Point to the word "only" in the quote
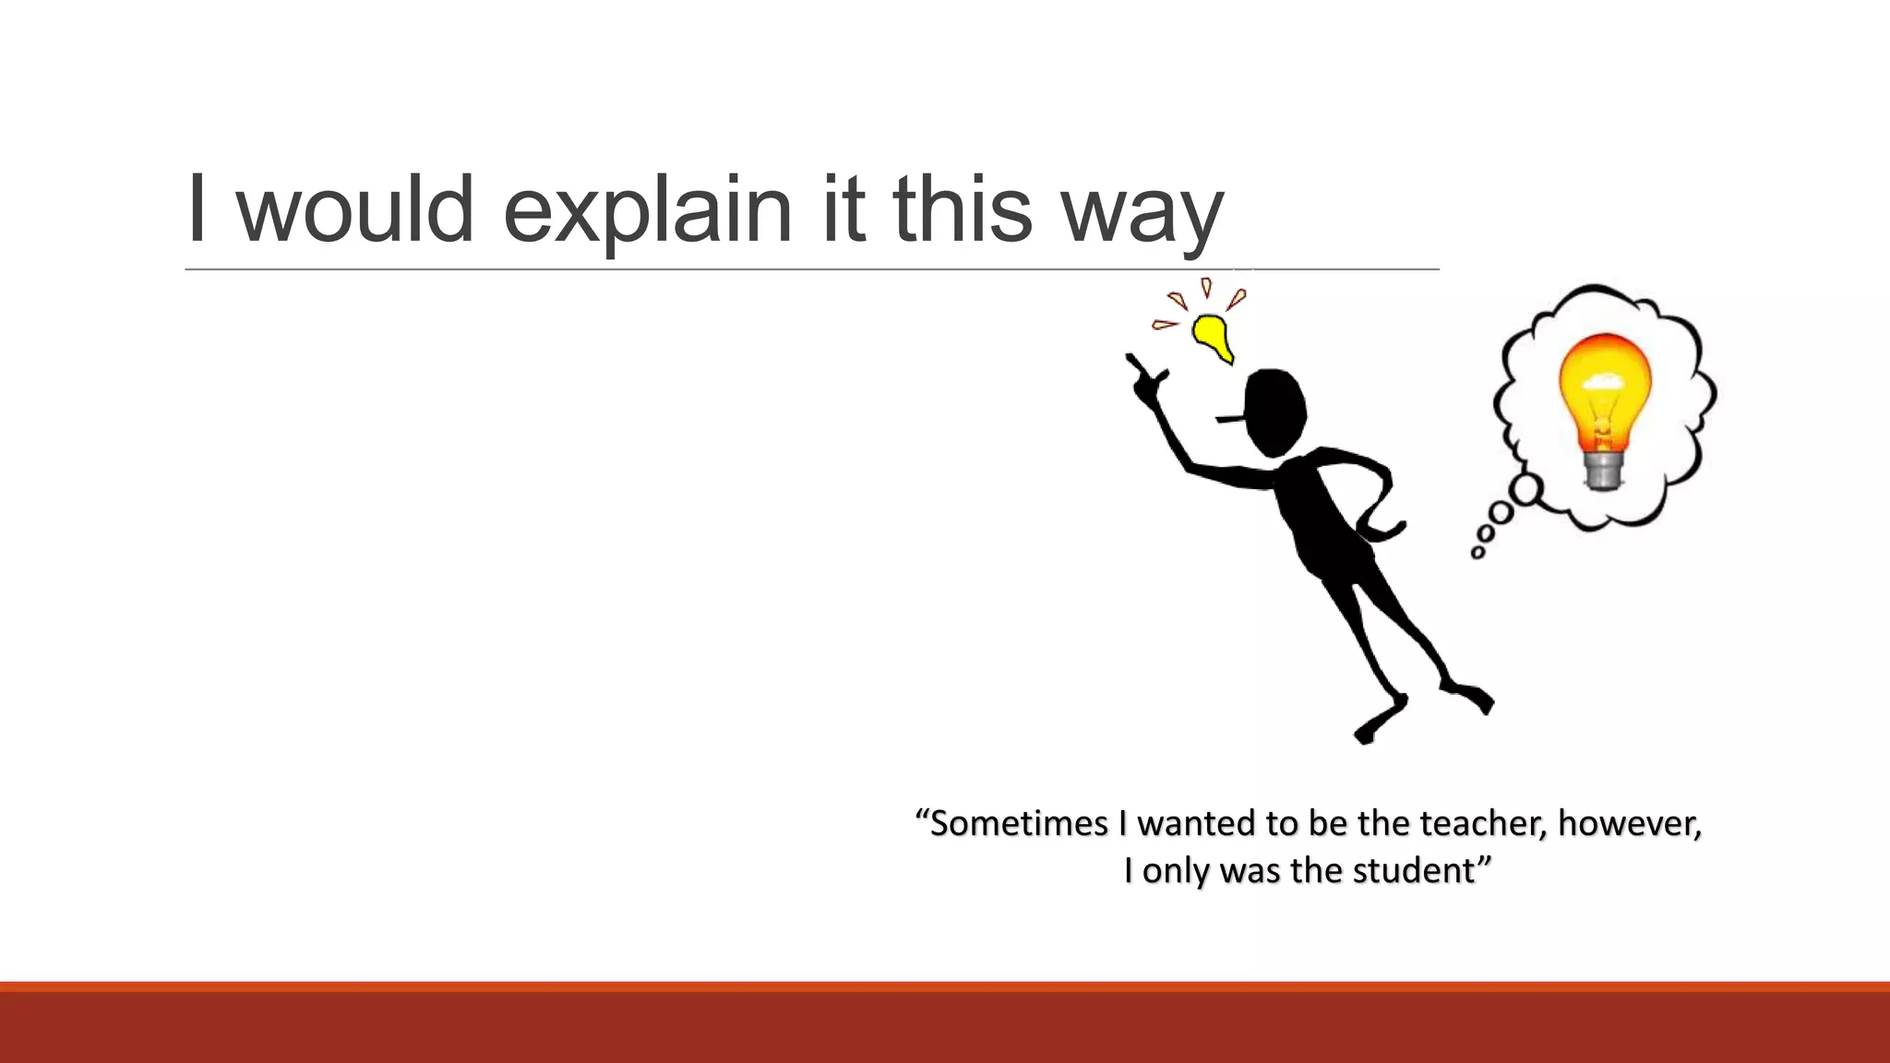pos(1175,871)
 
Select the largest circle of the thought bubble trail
pos(1526,488)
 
